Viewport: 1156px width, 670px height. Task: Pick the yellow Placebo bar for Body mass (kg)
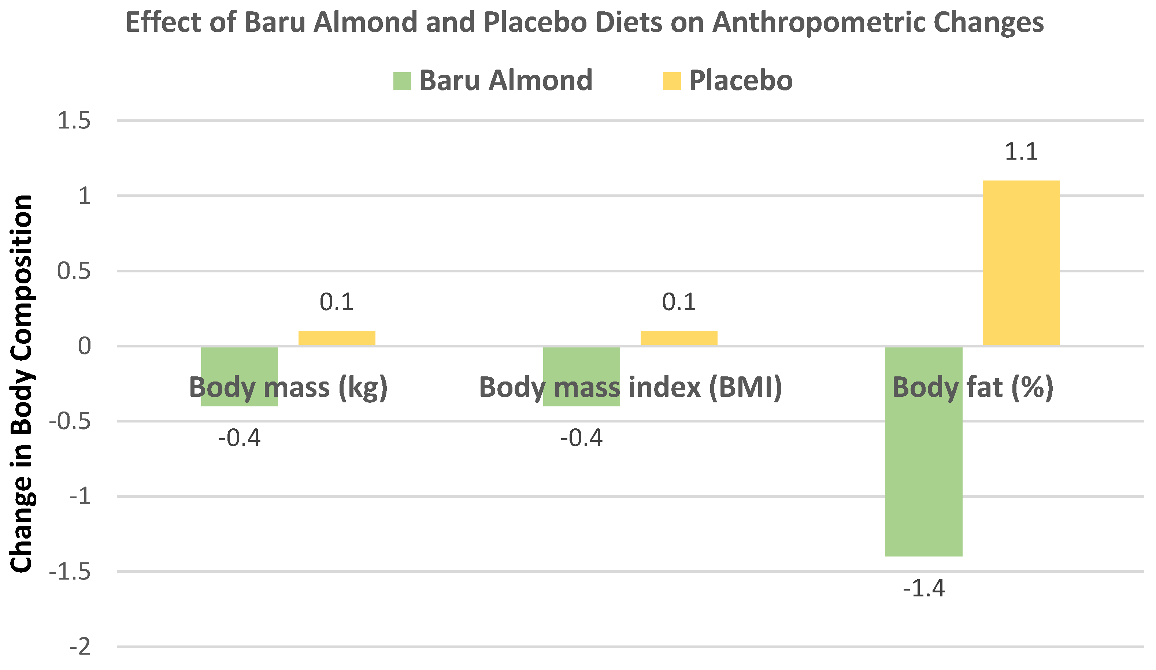click(337, 338)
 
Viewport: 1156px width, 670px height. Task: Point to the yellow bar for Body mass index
click(679, 338)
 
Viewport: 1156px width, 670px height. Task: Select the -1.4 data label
click(923, 588)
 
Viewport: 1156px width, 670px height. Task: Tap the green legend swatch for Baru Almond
click(402, 81)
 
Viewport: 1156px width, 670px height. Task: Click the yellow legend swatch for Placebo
click(671, 81)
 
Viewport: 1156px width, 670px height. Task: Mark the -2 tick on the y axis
click(80, 647)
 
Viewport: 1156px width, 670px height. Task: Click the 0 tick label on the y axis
click(84, 346)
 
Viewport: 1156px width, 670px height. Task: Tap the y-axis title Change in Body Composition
click(22, 383)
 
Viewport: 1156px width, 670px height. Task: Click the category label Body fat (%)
click(972, 387)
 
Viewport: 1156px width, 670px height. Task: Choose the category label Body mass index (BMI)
click(630, 387)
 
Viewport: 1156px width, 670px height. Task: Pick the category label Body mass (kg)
click(288, 387)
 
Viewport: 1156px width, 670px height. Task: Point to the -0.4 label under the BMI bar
click(581, 438)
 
